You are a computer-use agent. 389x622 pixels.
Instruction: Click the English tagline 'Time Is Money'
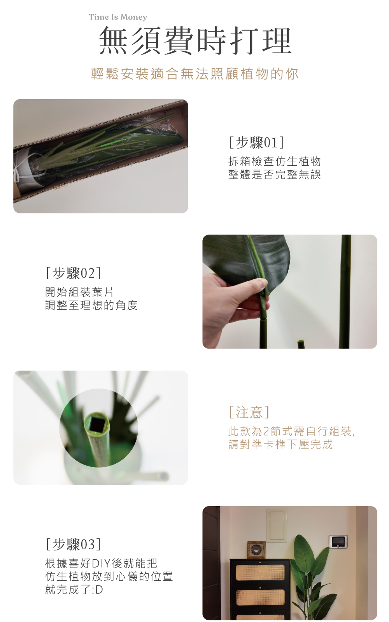118,17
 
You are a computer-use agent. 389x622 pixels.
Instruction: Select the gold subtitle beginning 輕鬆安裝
194,74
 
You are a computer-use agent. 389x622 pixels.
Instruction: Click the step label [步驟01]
257,142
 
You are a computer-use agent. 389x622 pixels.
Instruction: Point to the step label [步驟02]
73,273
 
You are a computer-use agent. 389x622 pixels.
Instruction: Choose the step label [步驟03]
73,544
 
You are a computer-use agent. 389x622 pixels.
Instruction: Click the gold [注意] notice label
249,412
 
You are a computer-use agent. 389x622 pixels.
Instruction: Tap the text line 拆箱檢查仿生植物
275,161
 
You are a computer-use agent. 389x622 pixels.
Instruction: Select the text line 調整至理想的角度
91,305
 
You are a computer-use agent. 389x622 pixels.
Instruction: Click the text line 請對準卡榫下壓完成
280,444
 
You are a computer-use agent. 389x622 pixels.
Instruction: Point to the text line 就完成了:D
74,590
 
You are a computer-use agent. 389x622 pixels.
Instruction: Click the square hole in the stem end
97,424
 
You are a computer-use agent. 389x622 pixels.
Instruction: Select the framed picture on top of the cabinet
256,550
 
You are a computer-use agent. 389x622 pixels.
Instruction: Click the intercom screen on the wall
338,541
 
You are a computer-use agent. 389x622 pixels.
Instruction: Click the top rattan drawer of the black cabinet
260,573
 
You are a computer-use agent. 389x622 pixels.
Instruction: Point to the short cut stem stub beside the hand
301,344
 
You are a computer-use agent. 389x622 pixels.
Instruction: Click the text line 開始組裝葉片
79,292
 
